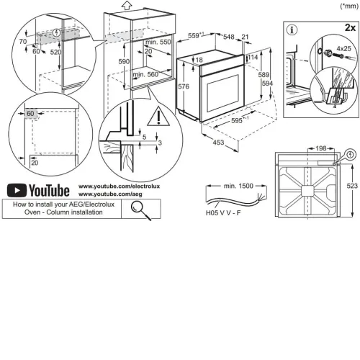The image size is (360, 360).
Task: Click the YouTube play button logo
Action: point(17,190)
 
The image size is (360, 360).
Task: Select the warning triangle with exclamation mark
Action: point(158,117)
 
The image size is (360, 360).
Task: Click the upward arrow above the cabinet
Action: point(127,5)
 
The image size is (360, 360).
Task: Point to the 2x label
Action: point(350,27)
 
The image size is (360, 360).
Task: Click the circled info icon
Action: point(292,30)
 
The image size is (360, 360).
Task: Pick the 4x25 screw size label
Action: point(343,48)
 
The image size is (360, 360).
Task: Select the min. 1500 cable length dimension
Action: point(238,186)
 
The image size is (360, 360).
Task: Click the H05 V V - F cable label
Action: point(223,212)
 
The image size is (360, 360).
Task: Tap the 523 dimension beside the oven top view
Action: point(352,186)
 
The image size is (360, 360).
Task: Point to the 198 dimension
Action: point(321,148)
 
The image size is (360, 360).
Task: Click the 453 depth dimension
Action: point(218,143)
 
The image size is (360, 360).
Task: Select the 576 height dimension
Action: point(184,86)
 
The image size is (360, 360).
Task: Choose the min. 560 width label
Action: point(145,74)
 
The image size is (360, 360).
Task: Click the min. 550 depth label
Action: point(158,42)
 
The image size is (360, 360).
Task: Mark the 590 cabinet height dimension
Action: point(124,61)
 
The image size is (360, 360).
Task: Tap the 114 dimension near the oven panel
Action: point(253,57)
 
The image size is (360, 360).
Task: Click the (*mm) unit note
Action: point(349,6)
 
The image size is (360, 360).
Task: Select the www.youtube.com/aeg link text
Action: point(110,194)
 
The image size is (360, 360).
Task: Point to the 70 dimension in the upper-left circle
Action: point(23,42)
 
